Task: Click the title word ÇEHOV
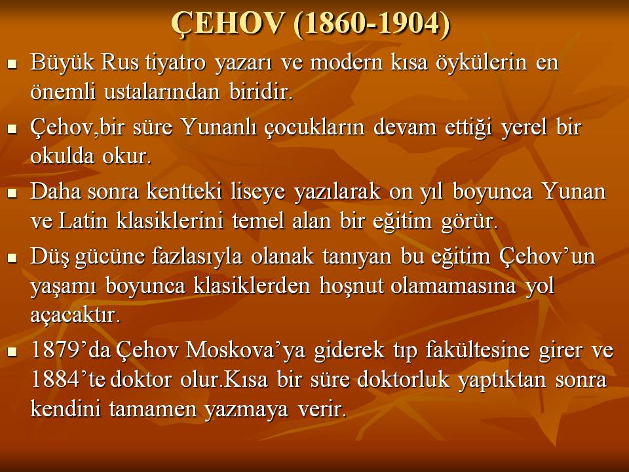point(227,24)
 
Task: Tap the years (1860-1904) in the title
point(372,24)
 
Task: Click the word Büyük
point(62,63)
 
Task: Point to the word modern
point(346,63)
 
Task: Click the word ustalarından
point(162,92)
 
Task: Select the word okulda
point(62,156)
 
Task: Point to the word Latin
point(83,220)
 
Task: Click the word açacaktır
point(75,315)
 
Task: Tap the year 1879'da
point(71,350)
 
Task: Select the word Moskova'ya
point(245,350)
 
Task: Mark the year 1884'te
point(68,379)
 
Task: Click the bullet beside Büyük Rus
point(12,64)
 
